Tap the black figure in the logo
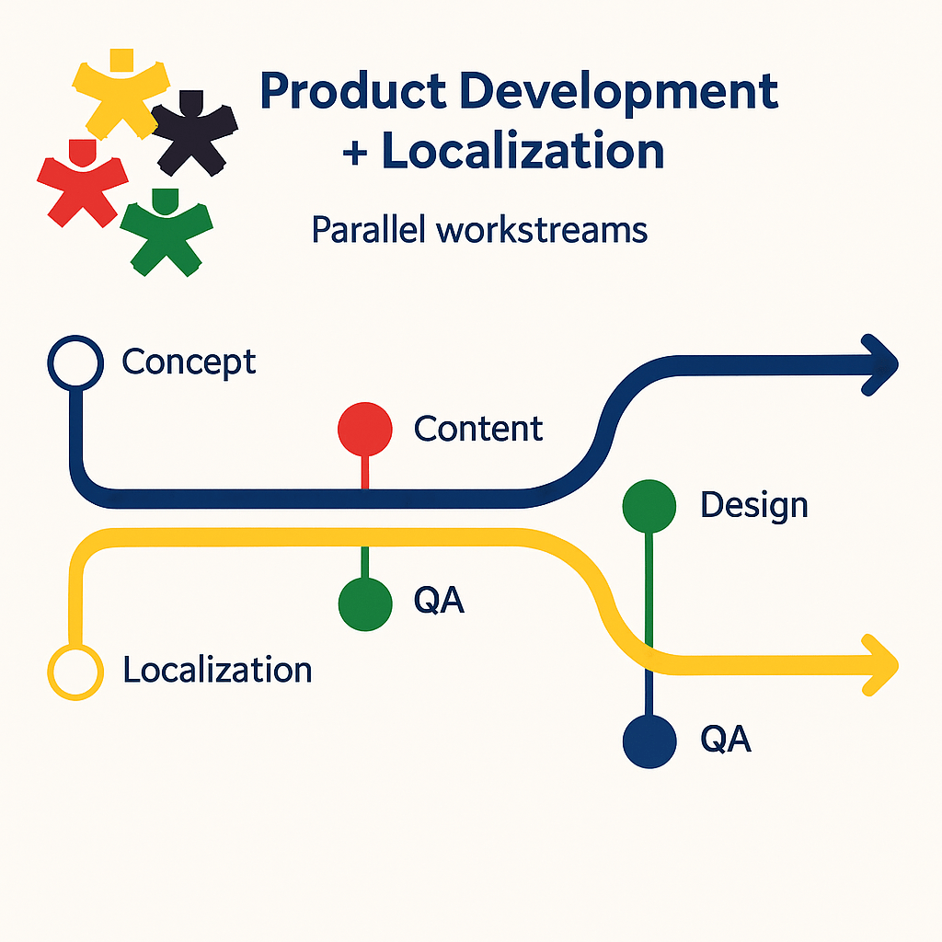pos(194,134)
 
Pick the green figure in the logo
pos(166,230)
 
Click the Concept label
pos(189,362)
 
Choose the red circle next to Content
pos(365,429)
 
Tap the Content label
pos(478,429)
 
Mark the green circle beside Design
pos(649,505)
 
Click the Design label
pos(753,505)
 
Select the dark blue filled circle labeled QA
pos(649,740)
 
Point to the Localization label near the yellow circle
pos(217,670)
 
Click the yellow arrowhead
pos(880,663)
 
